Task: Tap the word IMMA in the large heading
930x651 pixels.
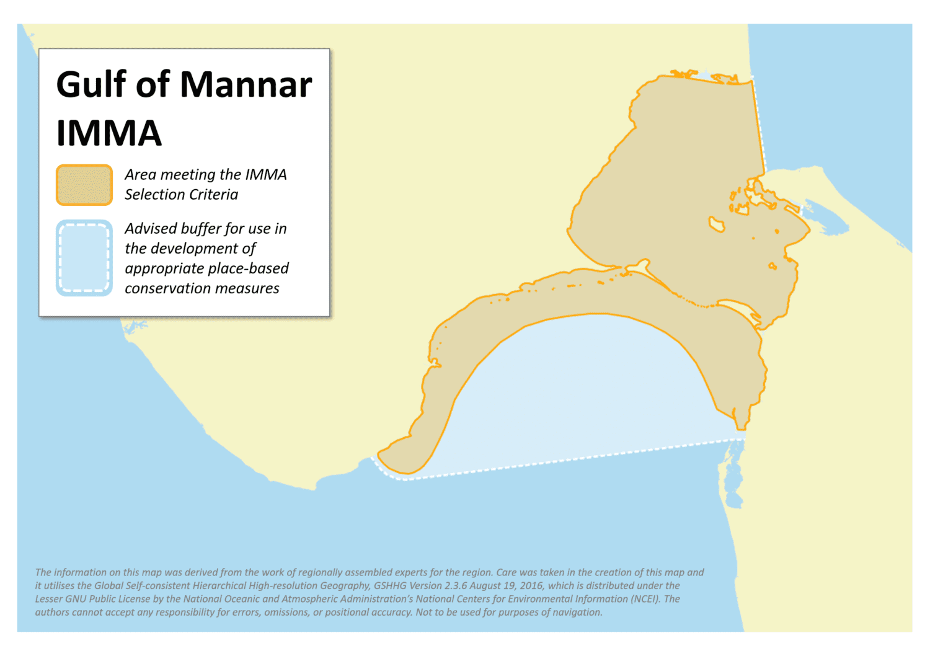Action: [x=108, y=133]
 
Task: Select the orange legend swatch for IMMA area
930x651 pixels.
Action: [x=84, y=185]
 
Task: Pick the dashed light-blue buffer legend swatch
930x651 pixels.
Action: [x=84, y=258]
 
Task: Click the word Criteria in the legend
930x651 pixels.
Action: [x=215, y=195]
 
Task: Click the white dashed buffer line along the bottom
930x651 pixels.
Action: [x=558, y=461]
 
